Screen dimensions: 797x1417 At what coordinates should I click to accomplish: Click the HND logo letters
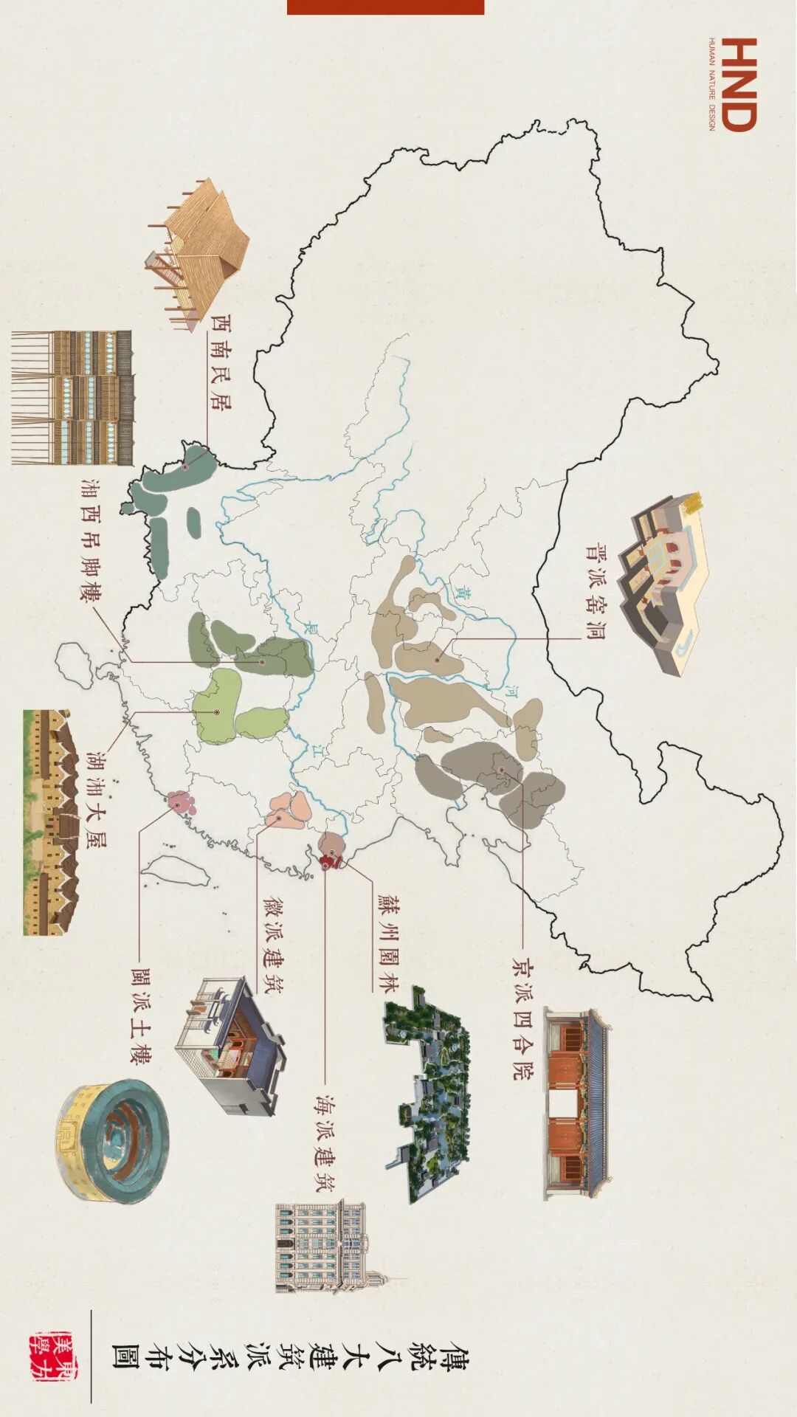pyautogui.click(x=739, y=84)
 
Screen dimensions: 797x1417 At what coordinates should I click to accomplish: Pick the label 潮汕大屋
pyautogui.click(x=96, y=800)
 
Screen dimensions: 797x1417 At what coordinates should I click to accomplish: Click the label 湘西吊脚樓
pyautogui.click(x=92, y=539)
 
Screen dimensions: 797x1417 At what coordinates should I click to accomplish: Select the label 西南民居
pyautogui.click(x=220, y=362)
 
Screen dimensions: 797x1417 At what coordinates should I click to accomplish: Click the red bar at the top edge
pyautogui.click(x=385, y=7)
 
